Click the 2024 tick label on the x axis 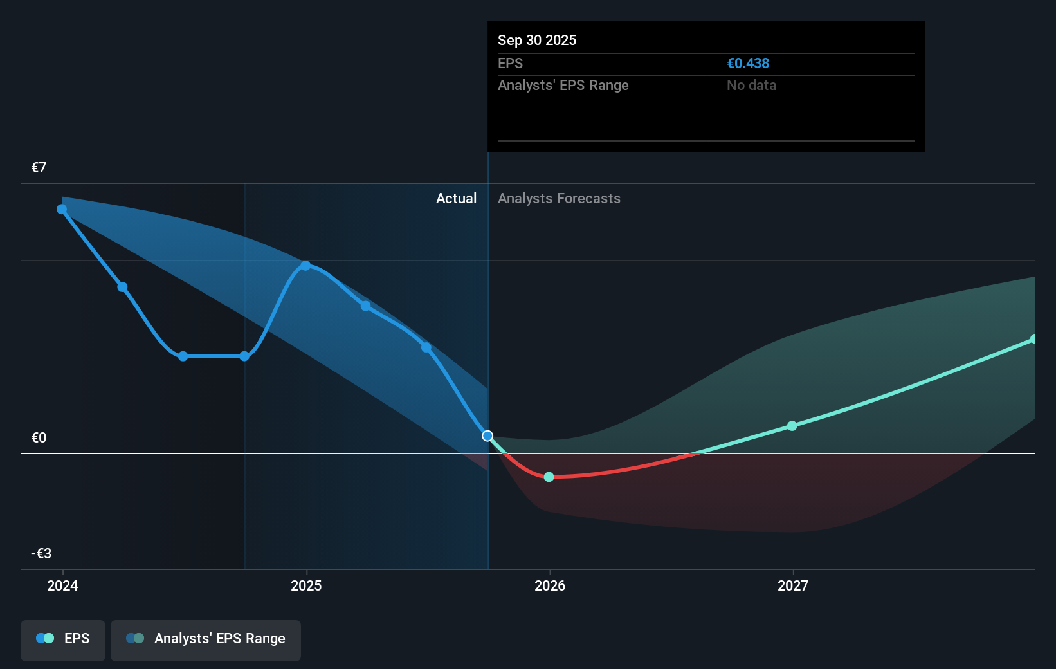click(x=62, y=585)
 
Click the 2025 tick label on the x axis click(x=306, y=585)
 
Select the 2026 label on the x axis click(x=550, y=585)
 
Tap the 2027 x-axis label click(x=793, y=585)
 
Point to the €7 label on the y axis click(x=39, y=168)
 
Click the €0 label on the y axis click(x=39, y=438)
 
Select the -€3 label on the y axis click(x=41, y=554)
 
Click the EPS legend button click(x=63, y=639)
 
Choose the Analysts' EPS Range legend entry click(x=206, y=639)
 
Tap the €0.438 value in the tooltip click(x=748, y=64)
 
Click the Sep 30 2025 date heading click(x=537, y=41)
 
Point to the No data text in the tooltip click(x=751, y=86)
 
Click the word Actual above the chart click(x=456, y=199)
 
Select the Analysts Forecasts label click(x=559, y=199)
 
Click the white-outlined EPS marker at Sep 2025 click(x=487, y=436)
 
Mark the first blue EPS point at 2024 click(x=62, y=209)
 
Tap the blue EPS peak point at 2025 click(x=306, y=266)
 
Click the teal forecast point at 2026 click(x=549, y=477)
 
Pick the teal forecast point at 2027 click(x=792, y=426)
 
